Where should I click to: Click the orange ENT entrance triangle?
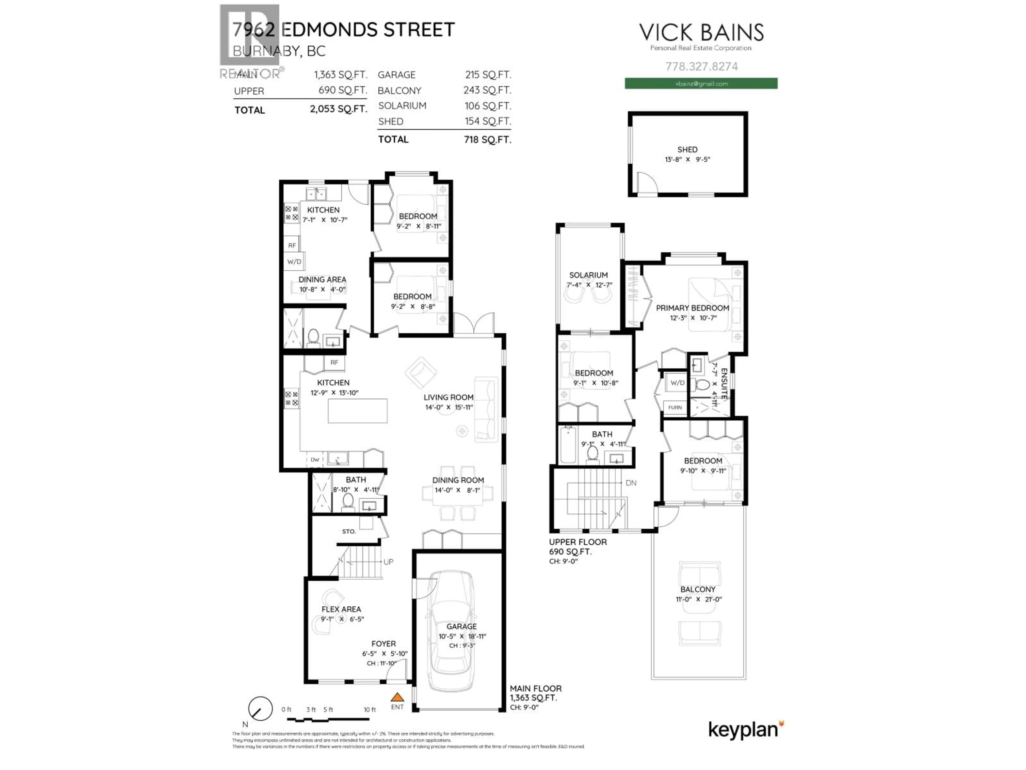coord(397,697)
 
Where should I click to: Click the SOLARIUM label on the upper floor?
coord(588,275)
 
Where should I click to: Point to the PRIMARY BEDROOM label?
coord(692,308)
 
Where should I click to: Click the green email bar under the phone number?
coord(701,83)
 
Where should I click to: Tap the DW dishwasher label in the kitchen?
coord(315,460)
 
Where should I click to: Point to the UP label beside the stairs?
coord(388,562)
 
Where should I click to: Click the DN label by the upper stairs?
coord(631,483)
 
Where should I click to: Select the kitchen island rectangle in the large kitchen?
coord(357,411)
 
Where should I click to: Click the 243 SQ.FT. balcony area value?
coord(487,90)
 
